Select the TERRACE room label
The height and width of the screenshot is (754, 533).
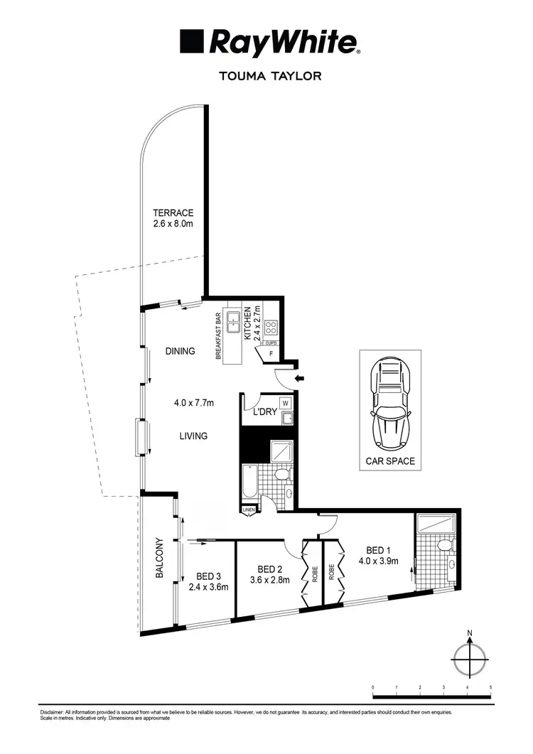tap(173, 212)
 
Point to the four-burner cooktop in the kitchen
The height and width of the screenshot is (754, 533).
tap(270, 328)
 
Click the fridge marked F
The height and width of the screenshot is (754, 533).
tap(271, 352)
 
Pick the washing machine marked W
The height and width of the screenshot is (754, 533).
tap(286, 402)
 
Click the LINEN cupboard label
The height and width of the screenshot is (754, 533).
tap(248, 510)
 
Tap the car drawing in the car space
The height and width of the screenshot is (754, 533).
tap(389, 406)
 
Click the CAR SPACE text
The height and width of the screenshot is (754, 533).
tap(389, 461)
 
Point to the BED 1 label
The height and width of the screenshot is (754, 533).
tap(378, 549)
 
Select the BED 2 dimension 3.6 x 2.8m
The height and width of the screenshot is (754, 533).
tap(271, 580)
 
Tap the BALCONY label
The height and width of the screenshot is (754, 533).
tap(160, 559)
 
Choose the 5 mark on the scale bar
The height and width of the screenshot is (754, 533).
tap(490, 687)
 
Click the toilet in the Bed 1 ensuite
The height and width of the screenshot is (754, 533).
tap(444, 546)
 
